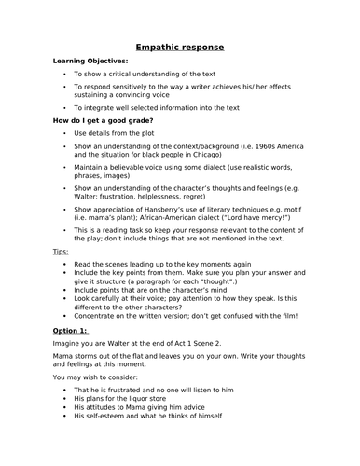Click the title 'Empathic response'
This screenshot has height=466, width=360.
pyautogui.click(x=179, y=47)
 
